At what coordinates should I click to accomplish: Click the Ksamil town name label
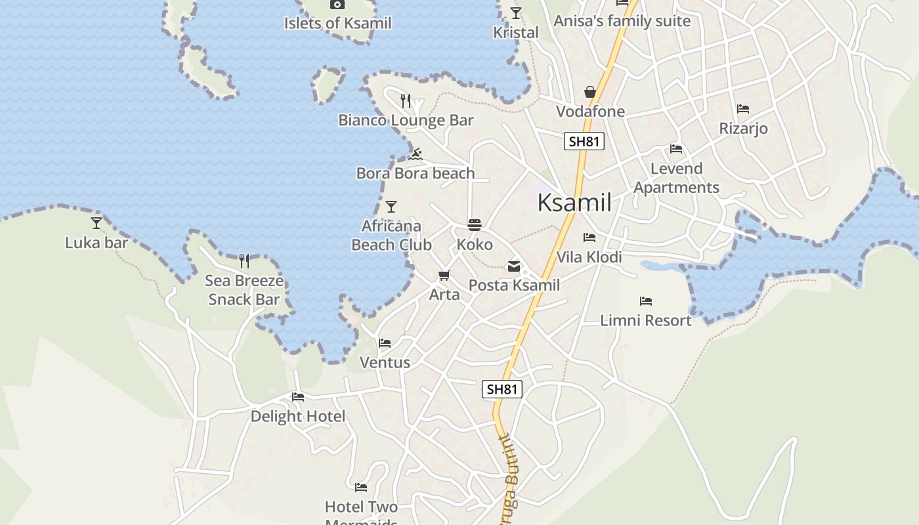[x=574, y=203]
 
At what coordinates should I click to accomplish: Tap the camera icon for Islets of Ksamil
[x=337, y=5]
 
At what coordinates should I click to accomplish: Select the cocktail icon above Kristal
[x=516, y=13]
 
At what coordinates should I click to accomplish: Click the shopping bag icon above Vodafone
[x=590, y=92]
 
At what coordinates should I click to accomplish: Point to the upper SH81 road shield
[x=584, y=141]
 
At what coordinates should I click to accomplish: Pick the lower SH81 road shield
[x=502, y=388]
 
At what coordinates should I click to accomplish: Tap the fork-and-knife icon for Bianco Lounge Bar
[x=406, y=100]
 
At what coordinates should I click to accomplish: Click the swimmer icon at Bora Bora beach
[x=415, y=155]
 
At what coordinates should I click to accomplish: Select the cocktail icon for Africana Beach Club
[x=391, y=207]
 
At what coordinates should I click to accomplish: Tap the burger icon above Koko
[x=475, y=225]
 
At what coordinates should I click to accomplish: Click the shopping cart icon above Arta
[x=444, y=276]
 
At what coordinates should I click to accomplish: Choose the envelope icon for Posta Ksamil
[x=514, y=266]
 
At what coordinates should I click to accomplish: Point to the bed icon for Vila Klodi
[x=589, y=238]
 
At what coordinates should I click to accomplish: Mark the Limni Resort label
[x=646, y=320]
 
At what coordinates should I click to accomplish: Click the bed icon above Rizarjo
[x=743, y=109]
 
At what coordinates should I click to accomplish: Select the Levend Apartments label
[x=676, y=178]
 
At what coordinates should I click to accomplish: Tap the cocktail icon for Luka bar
[x=96, y=223]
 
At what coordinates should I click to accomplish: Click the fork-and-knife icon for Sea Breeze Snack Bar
[x=244, y=261]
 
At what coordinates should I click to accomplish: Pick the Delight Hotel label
[x=298, y=416]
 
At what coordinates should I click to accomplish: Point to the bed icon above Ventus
[x=385, y=343]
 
